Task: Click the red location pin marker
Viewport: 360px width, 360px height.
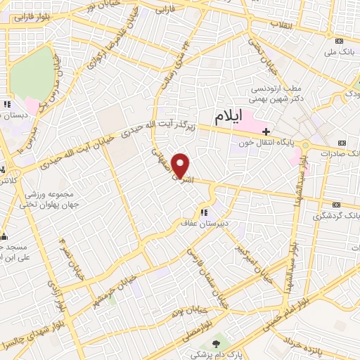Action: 181,165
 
